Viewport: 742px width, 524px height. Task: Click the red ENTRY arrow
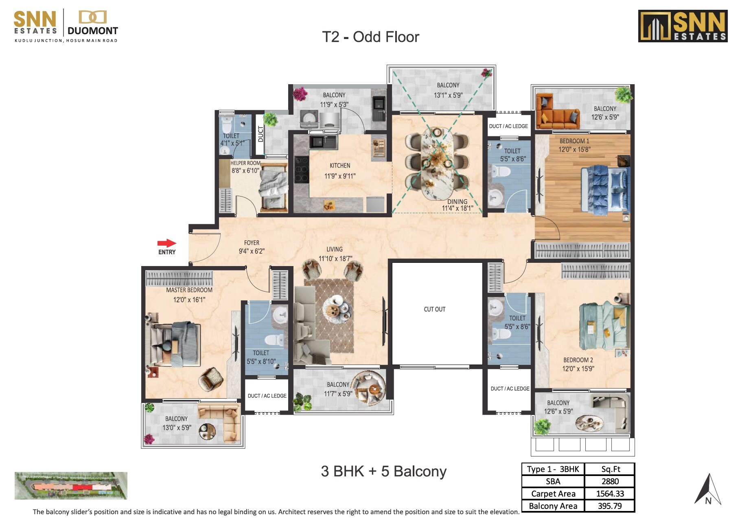(x=166, y=243)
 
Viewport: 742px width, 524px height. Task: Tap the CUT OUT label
(x=434, y=309)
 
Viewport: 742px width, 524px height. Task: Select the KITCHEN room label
(x=340, y=166)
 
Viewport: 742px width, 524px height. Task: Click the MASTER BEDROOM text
(x=189, y=290)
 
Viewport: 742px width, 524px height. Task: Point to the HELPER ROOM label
(x=245, y=163)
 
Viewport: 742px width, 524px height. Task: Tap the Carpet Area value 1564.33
(x=610, y=493)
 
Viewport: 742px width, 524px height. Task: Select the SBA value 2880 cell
(x=610, y=481)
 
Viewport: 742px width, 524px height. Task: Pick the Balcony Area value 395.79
(x=610, y=506)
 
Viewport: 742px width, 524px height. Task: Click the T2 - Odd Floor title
(x=370, y=37)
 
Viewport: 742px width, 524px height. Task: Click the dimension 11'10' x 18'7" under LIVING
(x=335, y=258)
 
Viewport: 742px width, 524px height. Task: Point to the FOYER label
(x=252, y=242)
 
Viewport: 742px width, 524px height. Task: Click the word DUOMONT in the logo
(x=93, y=31)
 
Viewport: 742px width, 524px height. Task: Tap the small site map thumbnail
(x=71, y=485)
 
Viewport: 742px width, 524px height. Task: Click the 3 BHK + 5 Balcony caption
(x=383, y=471)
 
